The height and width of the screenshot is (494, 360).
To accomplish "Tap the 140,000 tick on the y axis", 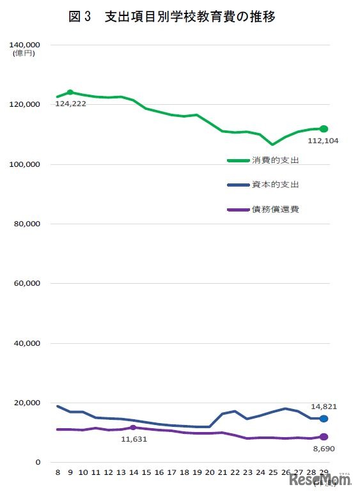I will [26, 45].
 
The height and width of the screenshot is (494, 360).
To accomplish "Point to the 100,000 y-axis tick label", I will [26, 164].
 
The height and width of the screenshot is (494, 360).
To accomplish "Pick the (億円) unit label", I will [24, 54].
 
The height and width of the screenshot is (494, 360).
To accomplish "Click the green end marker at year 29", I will [324, 128].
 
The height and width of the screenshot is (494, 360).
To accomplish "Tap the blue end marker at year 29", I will [324, 419].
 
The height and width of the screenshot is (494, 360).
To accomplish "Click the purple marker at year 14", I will [133, 428].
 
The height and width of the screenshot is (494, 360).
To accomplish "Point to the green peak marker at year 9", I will [70, 92].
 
